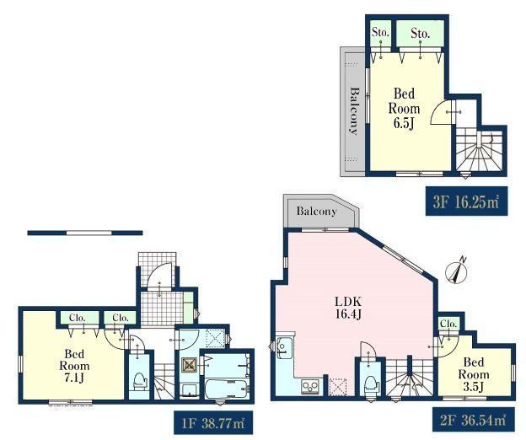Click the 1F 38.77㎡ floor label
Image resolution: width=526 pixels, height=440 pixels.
coord(213,423)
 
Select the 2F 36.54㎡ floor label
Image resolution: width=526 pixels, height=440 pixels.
coord(473,419)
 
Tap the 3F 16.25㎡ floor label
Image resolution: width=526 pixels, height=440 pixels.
coord(466,201)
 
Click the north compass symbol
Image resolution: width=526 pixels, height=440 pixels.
coord(457,271)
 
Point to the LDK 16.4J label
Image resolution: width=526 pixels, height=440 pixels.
coord(348,308)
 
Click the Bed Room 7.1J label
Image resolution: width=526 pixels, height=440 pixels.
coord(74,366)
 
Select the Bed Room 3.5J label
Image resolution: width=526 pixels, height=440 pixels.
coord(474,374)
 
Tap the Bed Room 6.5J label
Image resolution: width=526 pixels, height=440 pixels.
coord(404,108)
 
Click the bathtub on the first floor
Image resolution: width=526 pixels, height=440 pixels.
coord(227,389)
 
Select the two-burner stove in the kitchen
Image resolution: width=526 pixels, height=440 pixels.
coord(309,386)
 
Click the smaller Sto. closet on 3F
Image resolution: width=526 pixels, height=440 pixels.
coord(381,34)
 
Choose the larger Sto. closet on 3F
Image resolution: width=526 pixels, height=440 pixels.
coord(421,34)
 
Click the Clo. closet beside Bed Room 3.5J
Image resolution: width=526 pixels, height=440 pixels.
coord(448,325)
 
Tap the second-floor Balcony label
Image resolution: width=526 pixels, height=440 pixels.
coord(316,212)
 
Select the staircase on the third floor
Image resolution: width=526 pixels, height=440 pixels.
coord(479,151)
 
